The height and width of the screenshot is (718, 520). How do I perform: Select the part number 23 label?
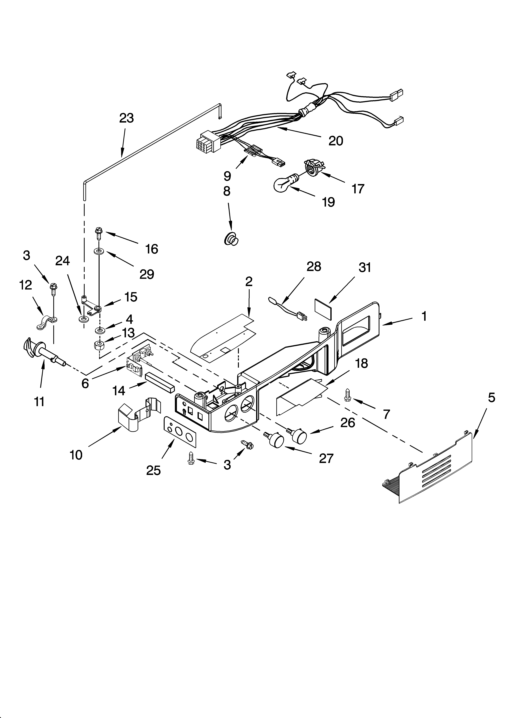pyautogui.click(x=126, y=118)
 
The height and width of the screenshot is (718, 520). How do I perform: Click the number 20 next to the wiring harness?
pyautogui.click(x=336, y=141)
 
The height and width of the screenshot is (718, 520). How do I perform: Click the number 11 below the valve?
pyautogui.click(x=39, y=402)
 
